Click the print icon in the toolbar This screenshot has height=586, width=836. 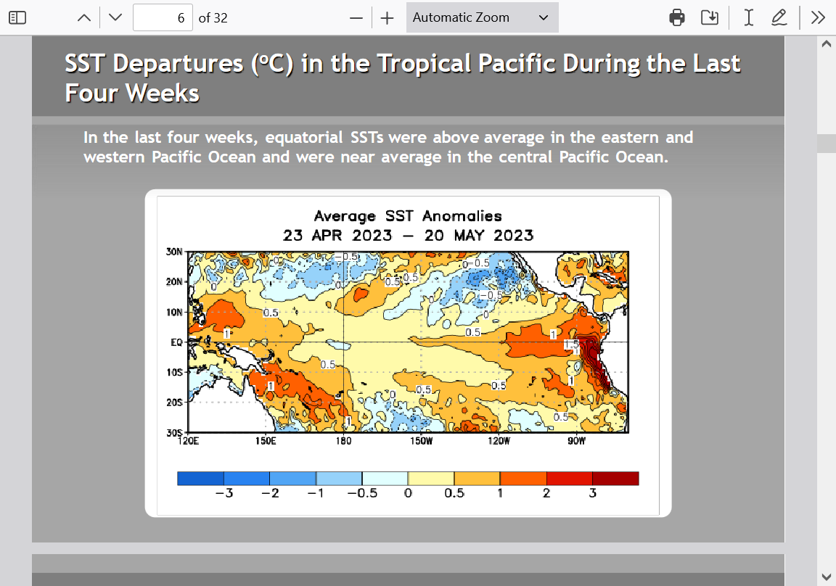676,17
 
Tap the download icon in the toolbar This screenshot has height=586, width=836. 710,17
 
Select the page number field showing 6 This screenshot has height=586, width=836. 163,17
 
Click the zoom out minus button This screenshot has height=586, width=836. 356,18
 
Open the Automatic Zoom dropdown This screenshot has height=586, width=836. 482,17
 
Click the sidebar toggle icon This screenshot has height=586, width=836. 17,17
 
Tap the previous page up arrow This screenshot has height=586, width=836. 83,17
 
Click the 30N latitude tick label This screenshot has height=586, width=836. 174,252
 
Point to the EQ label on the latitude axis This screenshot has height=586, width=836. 176,342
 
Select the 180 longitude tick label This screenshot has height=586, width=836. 343,440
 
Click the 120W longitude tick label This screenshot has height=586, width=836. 499,440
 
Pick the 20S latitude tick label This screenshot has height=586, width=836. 174,403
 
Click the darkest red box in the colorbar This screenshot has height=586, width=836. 615,479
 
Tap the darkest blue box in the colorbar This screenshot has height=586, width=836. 200,479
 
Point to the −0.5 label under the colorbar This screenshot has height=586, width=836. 362,493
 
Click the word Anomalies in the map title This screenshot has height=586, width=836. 462,215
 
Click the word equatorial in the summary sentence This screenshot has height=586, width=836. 304,138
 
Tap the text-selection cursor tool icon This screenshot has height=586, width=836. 749,17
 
